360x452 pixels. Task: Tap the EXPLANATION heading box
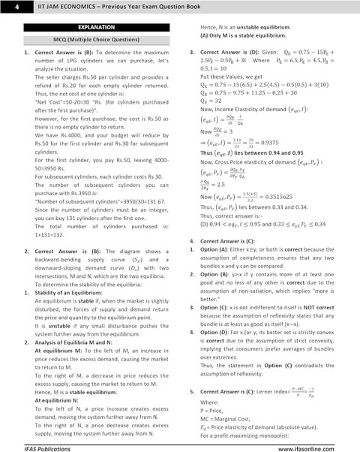tap(91, 27)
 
